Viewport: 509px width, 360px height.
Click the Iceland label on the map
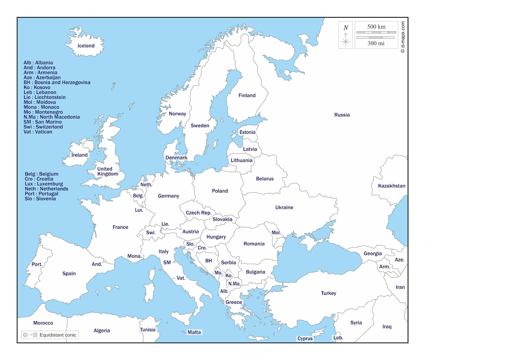point(86,46)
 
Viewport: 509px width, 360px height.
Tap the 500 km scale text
point(376,27)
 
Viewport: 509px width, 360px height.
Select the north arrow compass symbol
point(346,35)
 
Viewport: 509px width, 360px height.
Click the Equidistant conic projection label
point(58,335)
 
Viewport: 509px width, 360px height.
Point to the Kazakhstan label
point(391,186)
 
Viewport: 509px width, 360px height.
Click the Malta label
point(194,332)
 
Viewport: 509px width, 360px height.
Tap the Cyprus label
point(305,339)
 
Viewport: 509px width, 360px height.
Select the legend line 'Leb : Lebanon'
point(40,92)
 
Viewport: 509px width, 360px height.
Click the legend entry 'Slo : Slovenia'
point(40,199)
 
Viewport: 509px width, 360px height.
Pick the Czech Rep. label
point(198,213)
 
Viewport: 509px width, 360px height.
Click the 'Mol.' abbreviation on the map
point(276,233)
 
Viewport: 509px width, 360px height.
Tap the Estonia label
point(247,132)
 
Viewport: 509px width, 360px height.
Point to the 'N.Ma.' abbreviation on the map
point(234,284)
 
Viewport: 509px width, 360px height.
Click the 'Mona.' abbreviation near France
point(134,256)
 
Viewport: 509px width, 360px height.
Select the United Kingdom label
point(107,172)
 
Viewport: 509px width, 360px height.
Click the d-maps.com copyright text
point(403,37)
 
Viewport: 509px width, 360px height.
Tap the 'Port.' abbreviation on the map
point(37,264)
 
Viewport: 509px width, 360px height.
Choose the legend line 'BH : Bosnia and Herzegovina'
point(57,82)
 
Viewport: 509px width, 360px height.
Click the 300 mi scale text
point(376,43)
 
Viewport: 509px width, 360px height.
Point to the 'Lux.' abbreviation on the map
point(139,210)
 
